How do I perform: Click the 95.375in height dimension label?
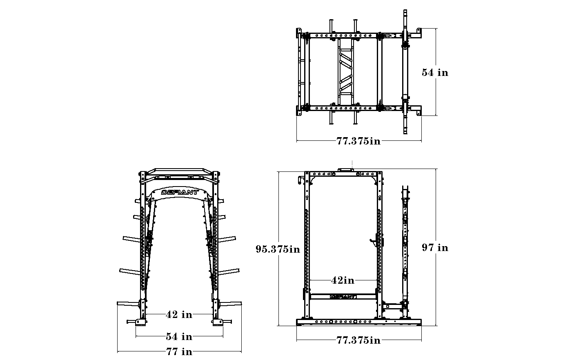tap(278, 249)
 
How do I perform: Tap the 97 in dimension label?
tap(435, 247)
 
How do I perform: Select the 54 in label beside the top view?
tap(435, 73)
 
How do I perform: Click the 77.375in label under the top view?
tap(358, 141)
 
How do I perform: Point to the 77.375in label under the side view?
tap(358, 340)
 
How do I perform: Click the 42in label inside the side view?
tap(343, 280)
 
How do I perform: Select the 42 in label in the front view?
tap(179, 314)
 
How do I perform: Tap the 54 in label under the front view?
tap(179, 336)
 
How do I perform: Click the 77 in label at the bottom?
tap(179, 351)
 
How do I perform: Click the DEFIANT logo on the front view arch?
tap(180, 192)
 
